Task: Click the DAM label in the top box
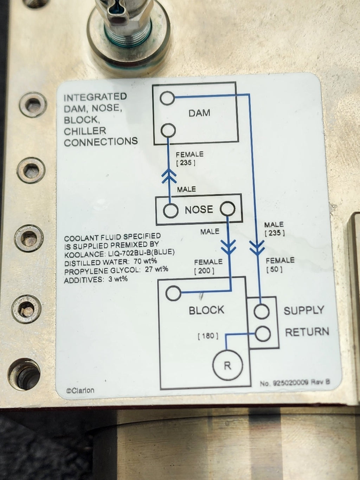(x=199, y=113)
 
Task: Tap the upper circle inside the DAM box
(x=167, y=98)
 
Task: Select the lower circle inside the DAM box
(x=168, y=130)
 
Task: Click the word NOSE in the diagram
(x=199, y=210)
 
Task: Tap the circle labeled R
(x=227, y=365)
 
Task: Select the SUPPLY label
(x=304, y=311)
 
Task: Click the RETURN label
(x=307, y=332)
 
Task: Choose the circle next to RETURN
(x=263, y=334)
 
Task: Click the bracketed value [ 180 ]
(x=208, y=336)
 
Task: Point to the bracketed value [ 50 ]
(x=274, y=270)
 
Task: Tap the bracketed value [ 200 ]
(x=204, y=271)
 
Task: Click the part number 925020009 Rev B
(x=295, y=383)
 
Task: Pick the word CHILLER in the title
(x=85, y=131)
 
